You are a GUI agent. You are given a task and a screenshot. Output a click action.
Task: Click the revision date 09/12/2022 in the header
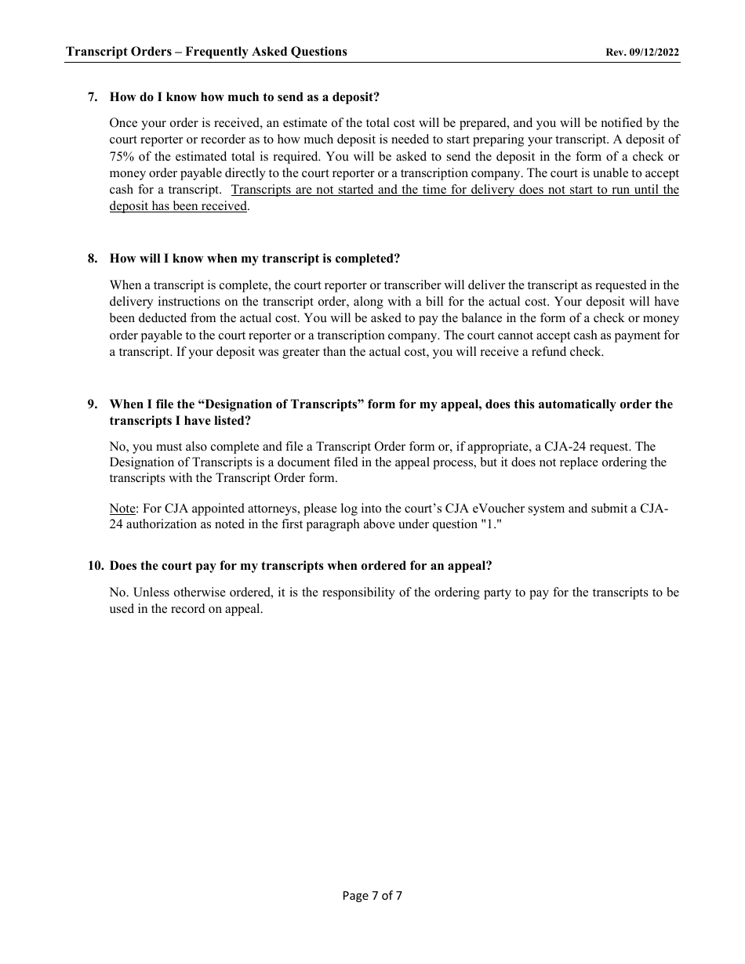(x=652, y=53)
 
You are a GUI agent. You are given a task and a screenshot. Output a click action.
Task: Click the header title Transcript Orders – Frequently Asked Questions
(x=206, y=52)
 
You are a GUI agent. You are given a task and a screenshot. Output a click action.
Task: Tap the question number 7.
(x=93, y=97)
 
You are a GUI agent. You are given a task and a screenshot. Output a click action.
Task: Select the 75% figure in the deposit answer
(x=122, y=156)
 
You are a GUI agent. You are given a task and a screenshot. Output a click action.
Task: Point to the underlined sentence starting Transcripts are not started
(x=455, y=190)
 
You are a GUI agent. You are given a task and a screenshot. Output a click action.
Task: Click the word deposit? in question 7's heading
(x=356, y=97)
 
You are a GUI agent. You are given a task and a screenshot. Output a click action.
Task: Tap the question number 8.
(x=93, y=259)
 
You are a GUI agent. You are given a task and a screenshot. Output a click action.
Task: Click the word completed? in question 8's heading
(x=369, y=259)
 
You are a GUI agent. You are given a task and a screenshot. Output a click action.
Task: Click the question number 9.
(x=93, y=404)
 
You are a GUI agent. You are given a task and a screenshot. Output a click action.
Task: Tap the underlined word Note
(x=122, y=508)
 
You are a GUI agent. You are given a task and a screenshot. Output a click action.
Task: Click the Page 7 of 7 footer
(x=372, y=896)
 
